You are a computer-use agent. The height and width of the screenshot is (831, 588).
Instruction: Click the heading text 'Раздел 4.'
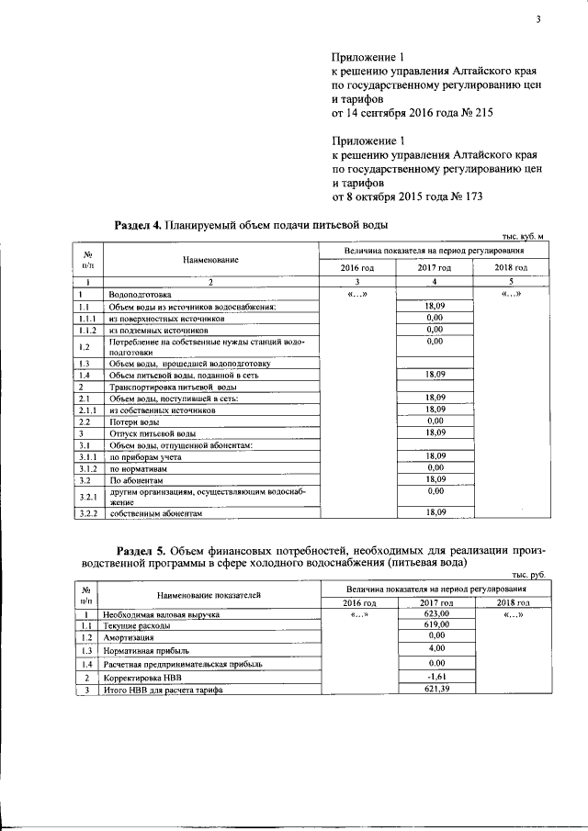137,225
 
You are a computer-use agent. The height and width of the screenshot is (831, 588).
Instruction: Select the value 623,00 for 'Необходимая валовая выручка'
435,612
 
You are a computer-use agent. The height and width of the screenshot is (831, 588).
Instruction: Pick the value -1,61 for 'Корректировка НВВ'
435,677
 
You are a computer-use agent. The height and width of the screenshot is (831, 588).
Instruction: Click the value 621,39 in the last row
435,690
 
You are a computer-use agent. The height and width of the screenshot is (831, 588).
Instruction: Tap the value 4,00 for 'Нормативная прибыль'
435,648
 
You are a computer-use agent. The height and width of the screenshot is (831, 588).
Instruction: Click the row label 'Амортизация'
128,636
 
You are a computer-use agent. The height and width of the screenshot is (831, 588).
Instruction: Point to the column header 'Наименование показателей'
209,595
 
